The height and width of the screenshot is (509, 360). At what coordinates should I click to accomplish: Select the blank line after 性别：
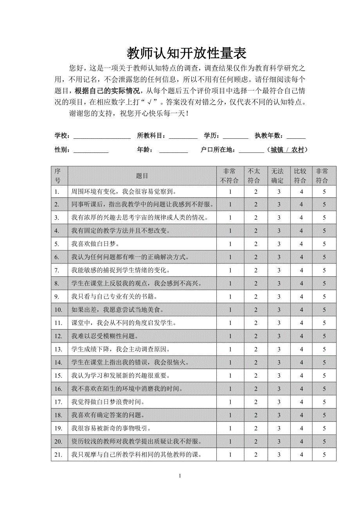click(x=91, y=150)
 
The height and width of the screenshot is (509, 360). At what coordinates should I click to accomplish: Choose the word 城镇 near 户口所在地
click(x=277, y=150)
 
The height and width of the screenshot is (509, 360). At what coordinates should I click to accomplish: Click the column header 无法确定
click(x=279, y=176)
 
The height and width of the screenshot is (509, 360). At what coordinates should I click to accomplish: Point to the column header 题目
click(x=142, y=176)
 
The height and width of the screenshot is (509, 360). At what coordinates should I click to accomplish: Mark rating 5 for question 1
click(x=324, y=192)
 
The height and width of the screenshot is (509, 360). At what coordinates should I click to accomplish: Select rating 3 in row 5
click(x=279, y=244)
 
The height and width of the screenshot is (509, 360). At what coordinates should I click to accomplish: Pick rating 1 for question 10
click(x=230, y=310)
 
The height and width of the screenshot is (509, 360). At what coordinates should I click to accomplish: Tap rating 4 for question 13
click(x=301, y=349)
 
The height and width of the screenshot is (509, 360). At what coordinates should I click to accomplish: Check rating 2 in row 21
click(x=256, y=455)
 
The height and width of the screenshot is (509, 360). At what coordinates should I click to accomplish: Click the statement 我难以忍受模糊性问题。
click(x=104, y=336)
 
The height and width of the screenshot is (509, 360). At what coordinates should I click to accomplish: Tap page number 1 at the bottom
click(x=180, y=476)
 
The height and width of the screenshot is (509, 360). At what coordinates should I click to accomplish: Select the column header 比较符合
click(x=301, y=176)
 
